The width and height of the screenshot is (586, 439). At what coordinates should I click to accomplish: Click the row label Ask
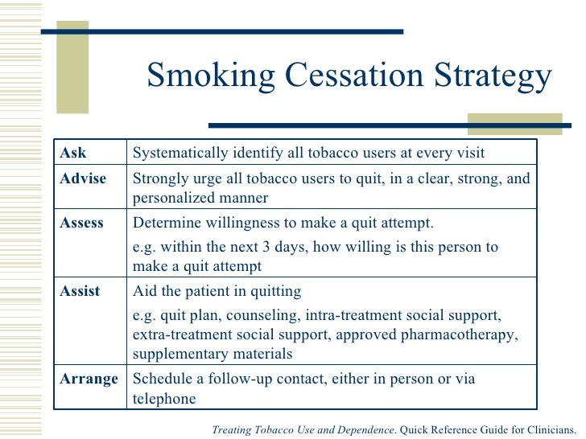coord(73,153)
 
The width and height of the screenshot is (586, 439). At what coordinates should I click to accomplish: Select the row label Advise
coord(83,178)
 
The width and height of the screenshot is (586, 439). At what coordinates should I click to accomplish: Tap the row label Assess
coord(82,223)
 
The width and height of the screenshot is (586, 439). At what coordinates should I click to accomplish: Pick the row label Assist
coord(80,291)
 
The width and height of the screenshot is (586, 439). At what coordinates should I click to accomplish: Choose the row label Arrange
coord(89,379)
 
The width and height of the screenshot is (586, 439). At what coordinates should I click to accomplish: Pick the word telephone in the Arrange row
coord(163,399)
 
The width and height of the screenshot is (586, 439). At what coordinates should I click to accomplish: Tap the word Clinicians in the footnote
coord(547,430)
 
